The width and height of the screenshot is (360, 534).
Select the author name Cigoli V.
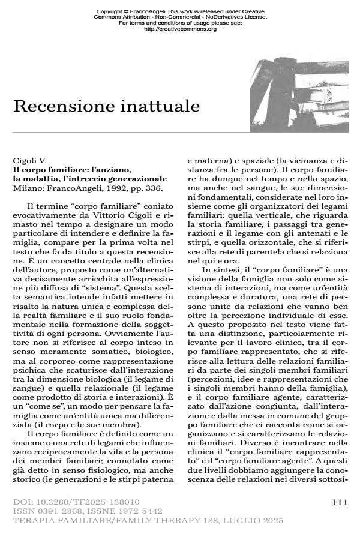click(29, 161)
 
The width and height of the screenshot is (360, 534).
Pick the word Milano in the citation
click(26, 187)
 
